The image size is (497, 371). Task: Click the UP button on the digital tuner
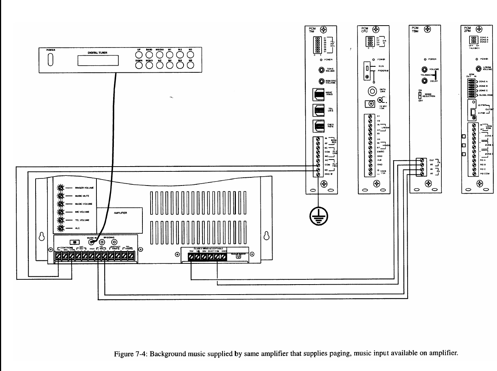(139, 55)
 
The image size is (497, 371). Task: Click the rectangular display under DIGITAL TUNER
(98, 60)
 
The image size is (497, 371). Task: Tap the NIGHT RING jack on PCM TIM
(318, 95)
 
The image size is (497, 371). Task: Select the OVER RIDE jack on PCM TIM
(318, 126)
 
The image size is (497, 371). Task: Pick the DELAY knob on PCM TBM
(424, 81)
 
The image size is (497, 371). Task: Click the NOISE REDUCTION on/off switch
(420, 95)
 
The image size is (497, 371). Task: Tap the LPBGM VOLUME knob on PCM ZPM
(479, 68)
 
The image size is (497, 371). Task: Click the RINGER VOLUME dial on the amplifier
(60, 188)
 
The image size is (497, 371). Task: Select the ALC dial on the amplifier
(60, 228)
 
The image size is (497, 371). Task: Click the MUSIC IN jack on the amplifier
(91, 242)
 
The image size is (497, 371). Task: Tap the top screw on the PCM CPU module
(376, 29)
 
